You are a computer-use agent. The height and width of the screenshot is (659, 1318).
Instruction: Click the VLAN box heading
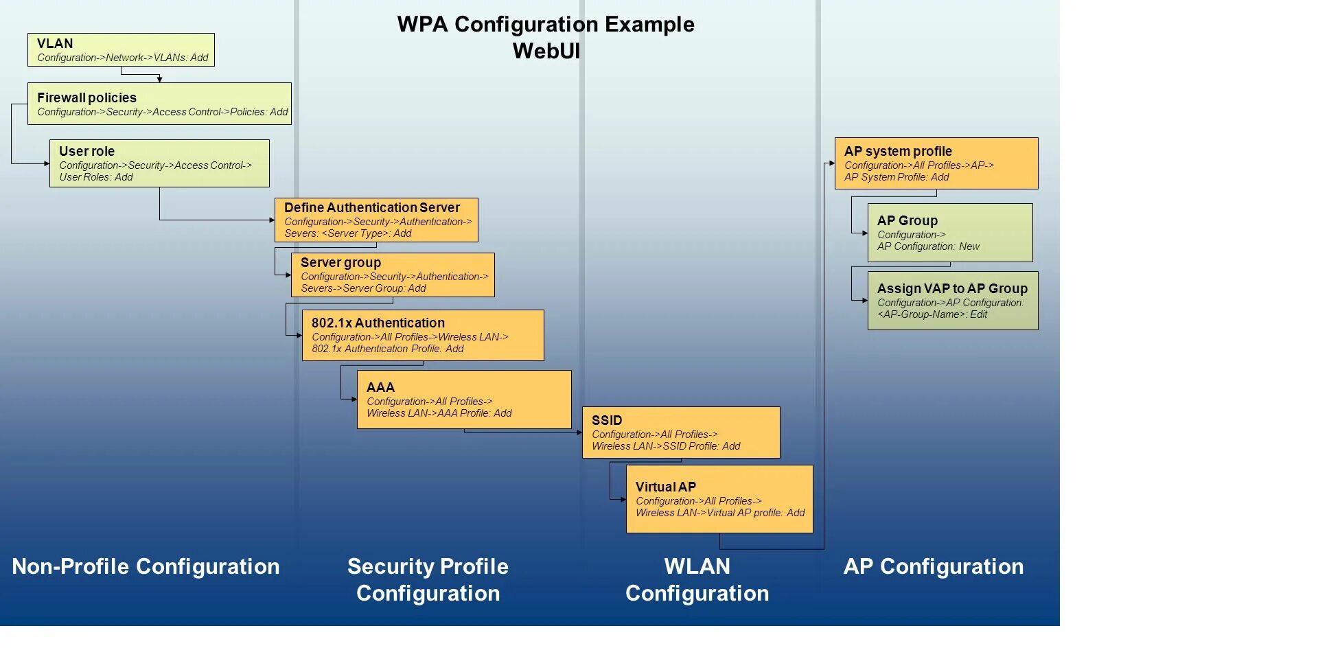click(x=55, y=43)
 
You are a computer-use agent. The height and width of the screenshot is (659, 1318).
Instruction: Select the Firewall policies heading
click(x=86, y=97)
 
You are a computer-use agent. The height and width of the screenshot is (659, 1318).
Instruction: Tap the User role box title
click(x=86, y=151)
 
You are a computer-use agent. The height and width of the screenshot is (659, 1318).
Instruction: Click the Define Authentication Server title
click(x=372, y=207)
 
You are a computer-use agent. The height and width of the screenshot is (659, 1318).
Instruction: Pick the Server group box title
click(x=340, y=262)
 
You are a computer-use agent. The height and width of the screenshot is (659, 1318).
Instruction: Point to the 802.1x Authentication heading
click(x=378, y=323)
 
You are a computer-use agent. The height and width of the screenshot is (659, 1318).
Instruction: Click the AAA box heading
click(x=380, y=387)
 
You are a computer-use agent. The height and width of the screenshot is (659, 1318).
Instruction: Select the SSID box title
click(x=607, y=420)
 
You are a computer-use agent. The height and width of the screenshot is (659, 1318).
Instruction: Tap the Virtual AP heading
click(x=665, y=487)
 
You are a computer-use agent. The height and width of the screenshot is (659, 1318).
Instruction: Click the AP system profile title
click(x=898, y=151)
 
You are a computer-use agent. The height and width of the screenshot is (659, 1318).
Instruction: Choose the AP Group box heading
click(x=907, y=220)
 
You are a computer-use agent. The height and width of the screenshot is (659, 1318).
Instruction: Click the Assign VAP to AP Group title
click(x=952, y=288)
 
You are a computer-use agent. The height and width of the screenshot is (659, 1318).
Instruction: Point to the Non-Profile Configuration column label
click(x=146, y=566)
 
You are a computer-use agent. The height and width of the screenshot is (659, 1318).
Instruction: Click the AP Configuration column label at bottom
click(x=933, y=566)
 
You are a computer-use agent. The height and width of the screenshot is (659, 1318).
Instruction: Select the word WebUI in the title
click(x=546, y=51)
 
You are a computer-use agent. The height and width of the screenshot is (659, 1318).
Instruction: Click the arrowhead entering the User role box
click(x=47, y=163)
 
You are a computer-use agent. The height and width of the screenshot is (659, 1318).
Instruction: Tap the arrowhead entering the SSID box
click(x=579, y=432)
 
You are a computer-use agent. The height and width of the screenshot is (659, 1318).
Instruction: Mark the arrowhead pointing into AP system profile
click(x=831, y=163)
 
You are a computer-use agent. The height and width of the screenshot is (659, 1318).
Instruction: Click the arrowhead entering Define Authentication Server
click(x=272, y=220)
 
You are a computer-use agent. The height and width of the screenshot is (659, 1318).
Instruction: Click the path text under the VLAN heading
click(x=123, y=58)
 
